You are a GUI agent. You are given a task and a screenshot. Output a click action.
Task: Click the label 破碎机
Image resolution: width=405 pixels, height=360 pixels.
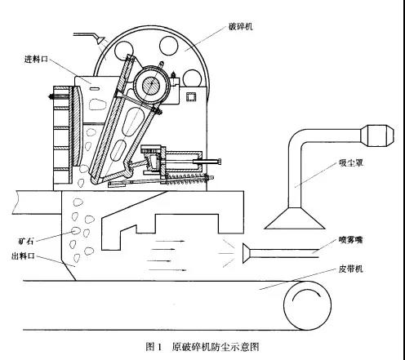pos(241,27)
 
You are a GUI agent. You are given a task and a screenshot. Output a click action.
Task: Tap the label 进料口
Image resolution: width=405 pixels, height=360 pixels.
pos(36,59)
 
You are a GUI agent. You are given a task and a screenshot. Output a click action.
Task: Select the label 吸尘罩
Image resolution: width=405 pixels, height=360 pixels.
pos(351,163)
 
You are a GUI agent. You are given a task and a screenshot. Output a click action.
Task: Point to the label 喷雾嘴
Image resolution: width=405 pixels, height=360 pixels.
pos(350,240)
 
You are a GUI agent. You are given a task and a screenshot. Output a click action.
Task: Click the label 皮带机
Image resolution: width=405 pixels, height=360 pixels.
pos(350,269)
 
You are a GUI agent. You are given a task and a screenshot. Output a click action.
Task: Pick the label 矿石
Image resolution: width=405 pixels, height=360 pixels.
pos(26,241)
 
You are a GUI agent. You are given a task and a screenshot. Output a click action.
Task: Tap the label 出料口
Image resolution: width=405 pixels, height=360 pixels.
pos(23,256)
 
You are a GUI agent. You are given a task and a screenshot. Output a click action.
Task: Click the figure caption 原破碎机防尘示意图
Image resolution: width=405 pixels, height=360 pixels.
pos(216,347)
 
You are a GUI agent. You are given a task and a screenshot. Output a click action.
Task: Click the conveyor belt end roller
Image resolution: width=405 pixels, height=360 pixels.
pos(307,305)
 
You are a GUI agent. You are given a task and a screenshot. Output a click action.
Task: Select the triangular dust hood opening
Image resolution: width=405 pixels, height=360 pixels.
pos(295,219)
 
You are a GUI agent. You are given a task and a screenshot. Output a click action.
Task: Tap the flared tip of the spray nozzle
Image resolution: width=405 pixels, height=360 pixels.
pos(247,254)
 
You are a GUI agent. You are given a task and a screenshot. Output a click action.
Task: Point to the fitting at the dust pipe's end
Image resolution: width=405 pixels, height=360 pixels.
pos(377,136)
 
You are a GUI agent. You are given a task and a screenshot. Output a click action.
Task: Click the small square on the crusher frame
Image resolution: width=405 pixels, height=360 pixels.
pos(191,97)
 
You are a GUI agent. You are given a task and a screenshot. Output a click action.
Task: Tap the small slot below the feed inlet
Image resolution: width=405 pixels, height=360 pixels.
pos(94,88)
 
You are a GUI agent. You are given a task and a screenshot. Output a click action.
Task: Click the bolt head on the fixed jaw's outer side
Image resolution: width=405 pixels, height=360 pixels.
pos(51,96)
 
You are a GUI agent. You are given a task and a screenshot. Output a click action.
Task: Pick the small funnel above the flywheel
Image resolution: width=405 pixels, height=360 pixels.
pos(100,40)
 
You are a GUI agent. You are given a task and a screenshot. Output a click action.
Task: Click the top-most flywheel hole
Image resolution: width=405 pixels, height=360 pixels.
pos(169,45)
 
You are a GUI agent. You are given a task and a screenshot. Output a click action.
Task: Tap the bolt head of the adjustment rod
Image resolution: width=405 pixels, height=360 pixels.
pos(219,162)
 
